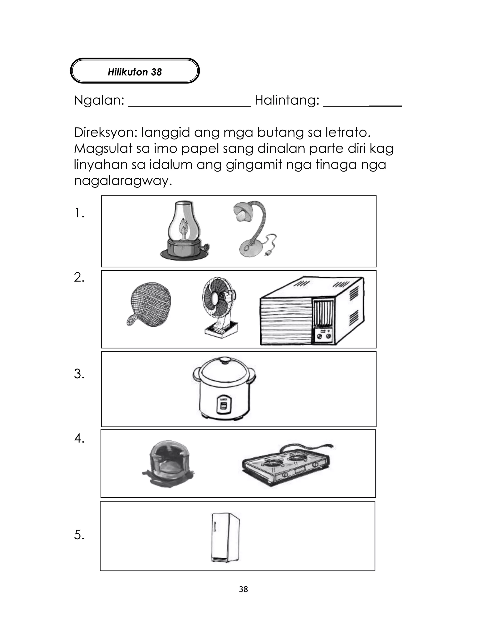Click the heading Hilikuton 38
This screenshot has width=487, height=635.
coord(135,72)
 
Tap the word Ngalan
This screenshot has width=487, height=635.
coord(98,100)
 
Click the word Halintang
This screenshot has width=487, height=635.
coord(287,100)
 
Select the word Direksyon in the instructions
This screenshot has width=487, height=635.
coord(105,133)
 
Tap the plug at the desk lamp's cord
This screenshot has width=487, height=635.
coord(267,254)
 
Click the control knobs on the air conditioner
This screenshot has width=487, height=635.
coord(324,336)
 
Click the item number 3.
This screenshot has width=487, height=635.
coord(79,374)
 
